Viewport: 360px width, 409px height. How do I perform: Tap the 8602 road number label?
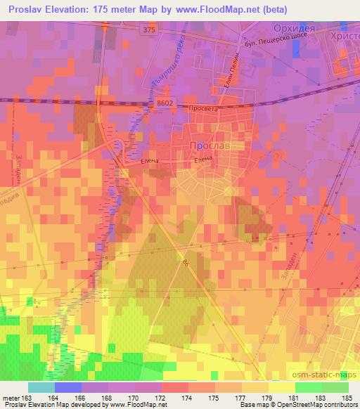165,103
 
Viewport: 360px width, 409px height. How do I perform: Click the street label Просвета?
205,110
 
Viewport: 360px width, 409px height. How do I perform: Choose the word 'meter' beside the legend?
11,399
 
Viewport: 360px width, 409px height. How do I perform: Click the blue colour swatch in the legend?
67,387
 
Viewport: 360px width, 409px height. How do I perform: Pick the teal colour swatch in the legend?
41,387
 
